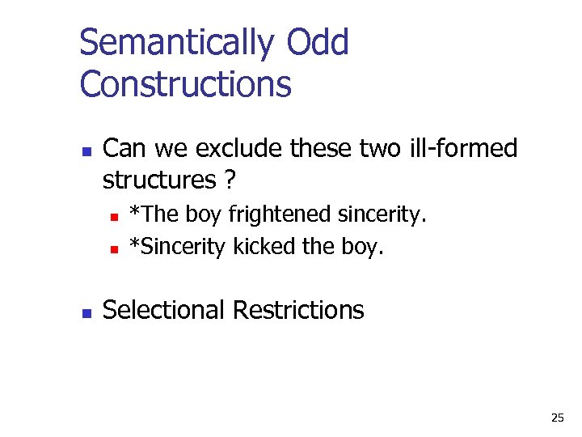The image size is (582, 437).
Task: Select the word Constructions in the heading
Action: point(185,83)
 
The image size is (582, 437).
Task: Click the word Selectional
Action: point(164,310)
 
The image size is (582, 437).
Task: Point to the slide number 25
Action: point(557,418)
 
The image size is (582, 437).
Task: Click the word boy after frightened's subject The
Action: point(205,214)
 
